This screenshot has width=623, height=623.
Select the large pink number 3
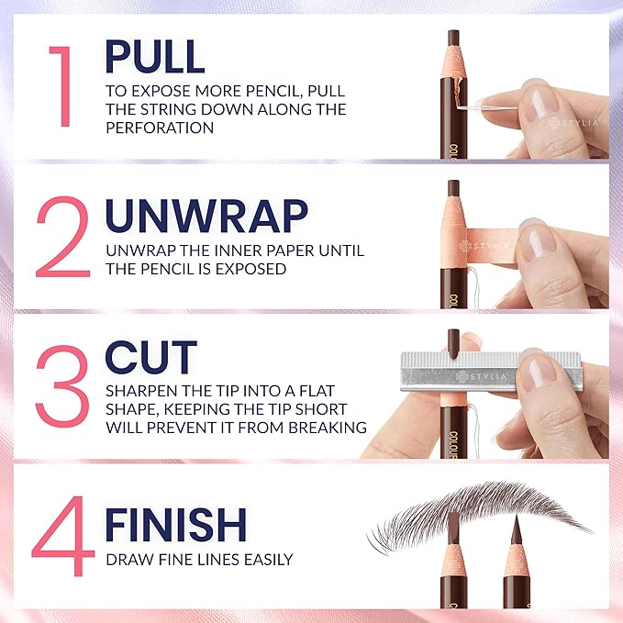(x=62, y=386)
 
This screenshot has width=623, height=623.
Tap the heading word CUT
(x=151, y=358)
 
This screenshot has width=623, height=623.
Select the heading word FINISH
(x=176, y=524)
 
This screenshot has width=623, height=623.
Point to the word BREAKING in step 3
(x=328, y=427)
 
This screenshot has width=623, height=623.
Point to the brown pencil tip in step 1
(x=452, y=39)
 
